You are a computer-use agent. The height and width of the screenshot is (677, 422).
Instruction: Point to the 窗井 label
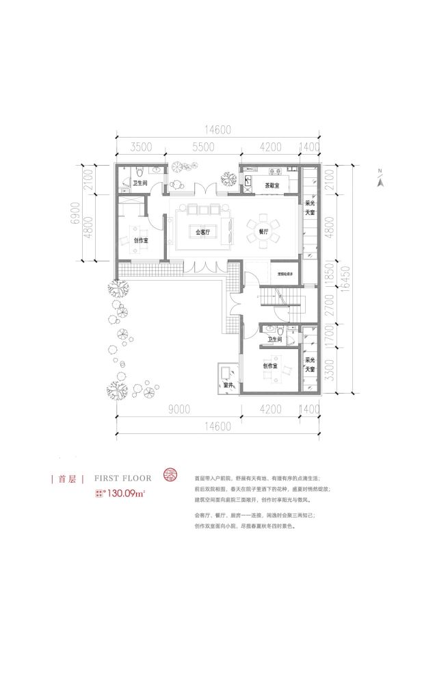pyautogui.click(x=228, y=386)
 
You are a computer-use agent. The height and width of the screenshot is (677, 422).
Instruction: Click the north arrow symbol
pyautogui.click(x=381, y=179)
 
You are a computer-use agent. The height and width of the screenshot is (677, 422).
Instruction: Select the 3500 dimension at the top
pyautogui.click(x=140, y=146)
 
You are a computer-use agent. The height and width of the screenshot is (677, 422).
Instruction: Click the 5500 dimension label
pyautogui.click(x=202, y=146)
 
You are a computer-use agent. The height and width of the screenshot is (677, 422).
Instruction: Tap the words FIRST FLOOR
pyautogui.click(x=123, y=478)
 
